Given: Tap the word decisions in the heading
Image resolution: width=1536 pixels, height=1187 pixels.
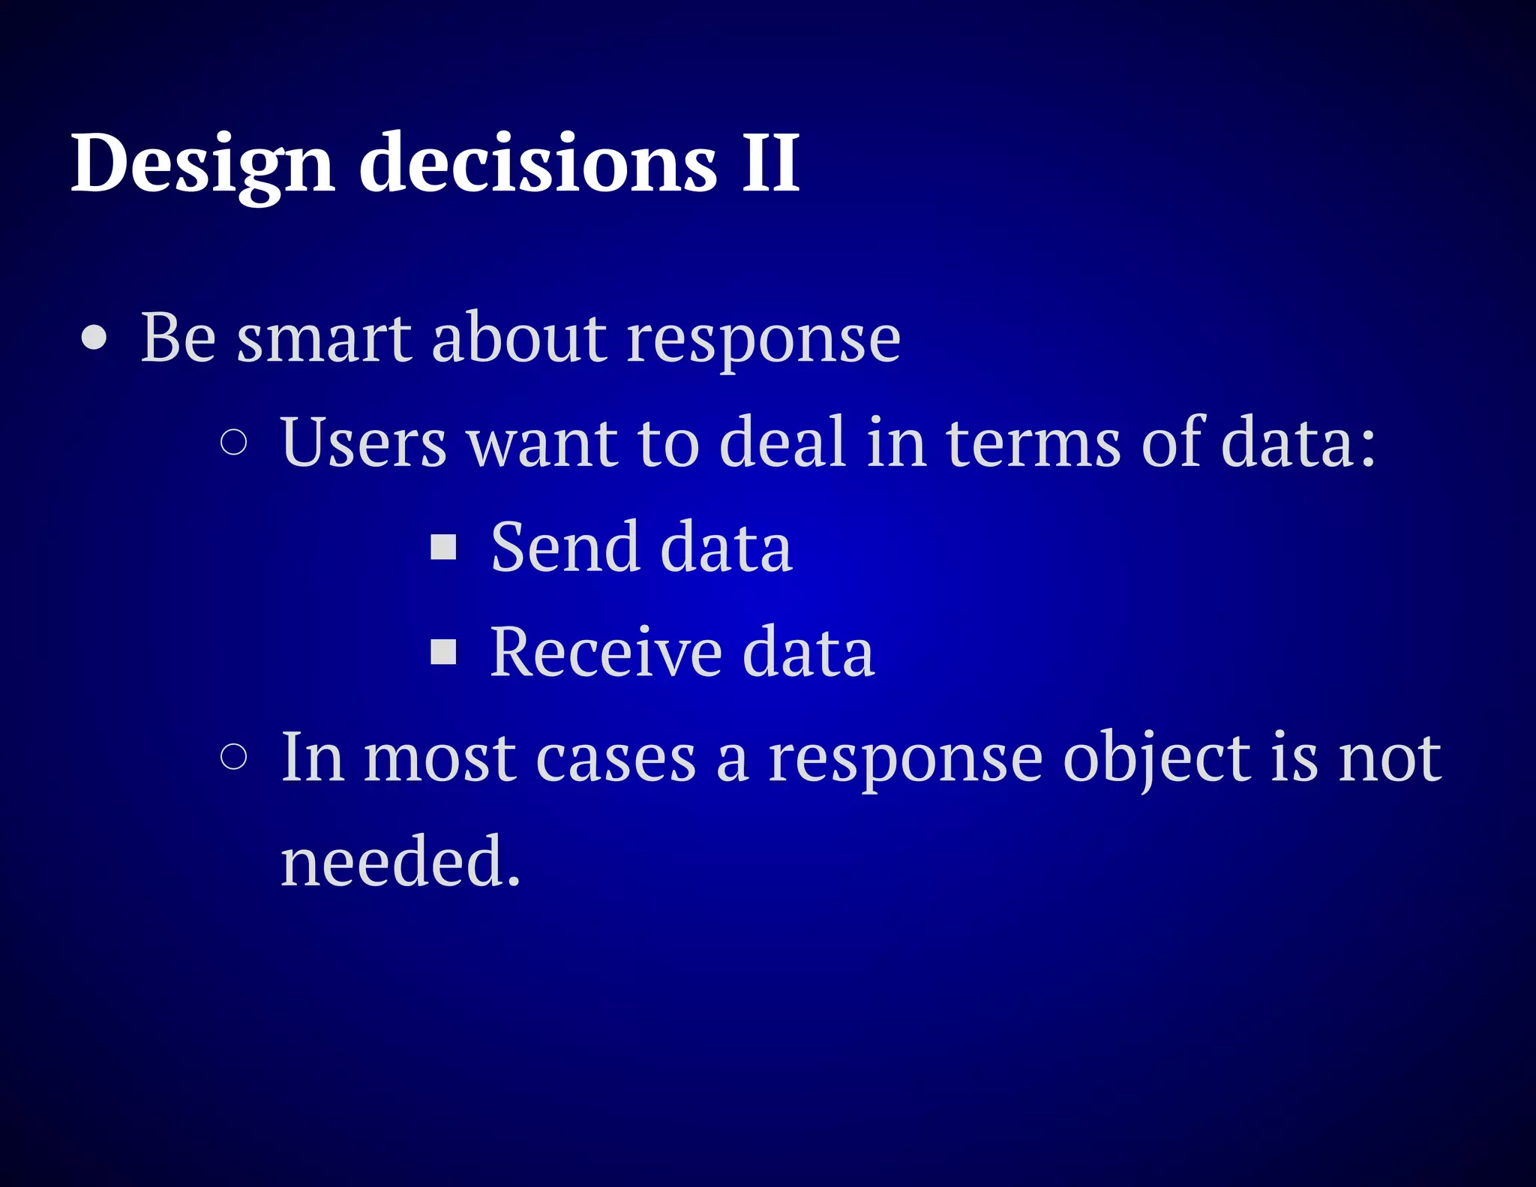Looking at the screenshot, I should coord(538,164).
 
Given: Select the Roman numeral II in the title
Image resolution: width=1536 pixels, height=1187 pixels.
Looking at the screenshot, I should coord(771,164).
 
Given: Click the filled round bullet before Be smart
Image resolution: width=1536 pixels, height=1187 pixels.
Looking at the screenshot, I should coord(94,338).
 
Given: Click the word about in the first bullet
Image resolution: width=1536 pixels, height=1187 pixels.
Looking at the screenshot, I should coord(519,338).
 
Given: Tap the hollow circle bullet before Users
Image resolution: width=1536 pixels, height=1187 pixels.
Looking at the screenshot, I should coord(234,442).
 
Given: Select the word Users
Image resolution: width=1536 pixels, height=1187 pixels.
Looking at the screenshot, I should coord(363,443).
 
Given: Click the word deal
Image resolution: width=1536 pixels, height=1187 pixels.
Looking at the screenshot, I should coord(783,443).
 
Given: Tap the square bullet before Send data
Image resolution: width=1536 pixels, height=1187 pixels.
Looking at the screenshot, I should coord(443,547).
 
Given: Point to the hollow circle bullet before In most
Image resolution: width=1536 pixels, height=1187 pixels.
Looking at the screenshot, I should coord(234,756).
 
